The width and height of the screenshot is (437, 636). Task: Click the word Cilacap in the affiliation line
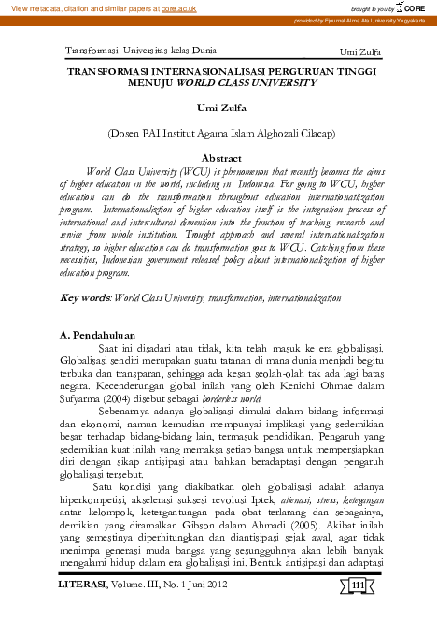click(x=313, y=134)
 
